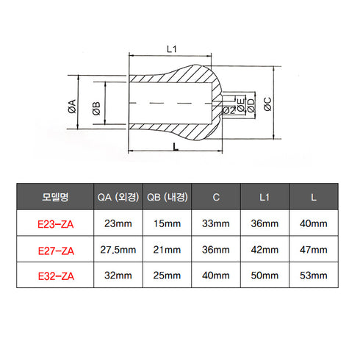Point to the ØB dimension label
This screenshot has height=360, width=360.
click(96, 110)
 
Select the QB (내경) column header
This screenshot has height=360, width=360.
click(168, 197)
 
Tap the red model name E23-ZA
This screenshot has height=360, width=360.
click(55, 223)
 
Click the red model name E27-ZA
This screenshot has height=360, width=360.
click(55, 250)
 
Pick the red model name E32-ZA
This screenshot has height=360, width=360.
click(55, 276)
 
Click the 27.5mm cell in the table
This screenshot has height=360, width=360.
click(118, 250)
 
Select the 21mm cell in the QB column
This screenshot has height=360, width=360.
click(168, 250)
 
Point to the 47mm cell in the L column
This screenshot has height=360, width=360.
click(314, 250)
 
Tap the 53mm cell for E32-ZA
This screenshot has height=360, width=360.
click(314, 276)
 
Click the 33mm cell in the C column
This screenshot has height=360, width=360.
click(216, 223)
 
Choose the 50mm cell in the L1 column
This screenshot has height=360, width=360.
click(265, 276)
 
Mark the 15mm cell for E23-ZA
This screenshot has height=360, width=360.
click(168, 223)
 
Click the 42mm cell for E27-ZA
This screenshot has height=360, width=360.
click(265, 250)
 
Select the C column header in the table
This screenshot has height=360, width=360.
click(216, 197)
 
